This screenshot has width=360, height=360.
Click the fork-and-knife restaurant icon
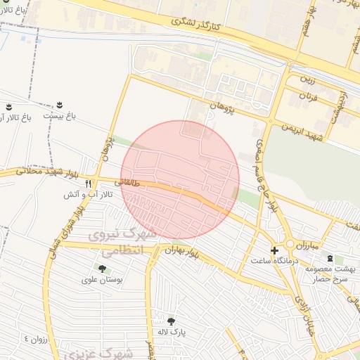pyautogui.click(x=88, y=184)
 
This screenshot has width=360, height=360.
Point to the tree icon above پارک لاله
pyautogui.click(x=171, y=321)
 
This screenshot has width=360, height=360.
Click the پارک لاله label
pyautogui.click(x=171, y=332)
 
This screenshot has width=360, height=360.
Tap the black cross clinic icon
pyautogui.click(x=274, y=250)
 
